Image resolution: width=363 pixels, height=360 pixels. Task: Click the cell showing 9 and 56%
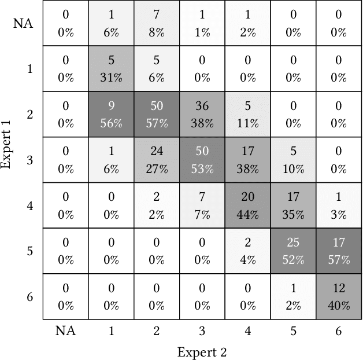(x=111, y=114)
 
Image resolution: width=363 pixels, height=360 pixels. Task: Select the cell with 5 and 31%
(x=111, y=69)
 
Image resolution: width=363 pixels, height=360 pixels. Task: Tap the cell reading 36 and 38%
(x=202, y=114)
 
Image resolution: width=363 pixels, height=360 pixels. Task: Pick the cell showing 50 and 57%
(x=156, y=114)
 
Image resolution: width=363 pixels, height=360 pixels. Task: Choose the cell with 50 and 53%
(x=202, y=160)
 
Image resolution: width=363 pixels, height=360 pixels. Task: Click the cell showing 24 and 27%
(x=156, y=160)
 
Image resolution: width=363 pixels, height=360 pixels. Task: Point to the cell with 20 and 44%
(x=247, y=205)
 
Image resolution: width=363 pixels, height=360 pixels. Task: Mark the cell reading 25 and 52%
(x=292, y=251)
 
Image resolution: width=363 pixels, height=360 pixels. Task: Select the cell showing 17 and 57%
(x=338, y=251)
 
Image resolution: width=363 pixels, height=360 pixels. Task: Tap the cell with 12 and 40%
(x=338, y=296)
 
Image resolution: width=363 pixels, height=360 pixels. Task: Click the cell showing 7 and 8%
(x=156, y=24)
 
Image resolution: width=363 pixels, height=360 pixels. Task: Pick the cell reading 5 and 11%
(x=247, y=114)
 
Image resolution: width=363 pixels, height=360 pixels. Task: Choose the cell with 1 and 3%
(x=338, y=205)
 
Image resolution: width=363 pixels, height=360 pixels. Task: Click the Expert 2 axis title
(x=202, y=352)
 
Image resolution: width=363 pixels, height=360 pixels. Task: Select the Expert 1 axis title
(x=8, y=137)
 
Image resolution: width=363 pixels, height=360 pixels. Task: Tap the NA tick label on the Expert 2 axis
(x=65, y=330)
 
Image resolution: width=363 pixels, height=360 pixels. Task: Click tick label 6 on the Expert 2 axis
(x=338, y=330)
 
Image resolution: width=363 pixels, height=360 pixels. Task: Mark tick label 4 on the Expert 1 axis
(x=29, y=205)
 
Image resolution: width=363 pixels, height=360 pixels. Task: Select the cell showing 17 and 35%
(x=292, y=205)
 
